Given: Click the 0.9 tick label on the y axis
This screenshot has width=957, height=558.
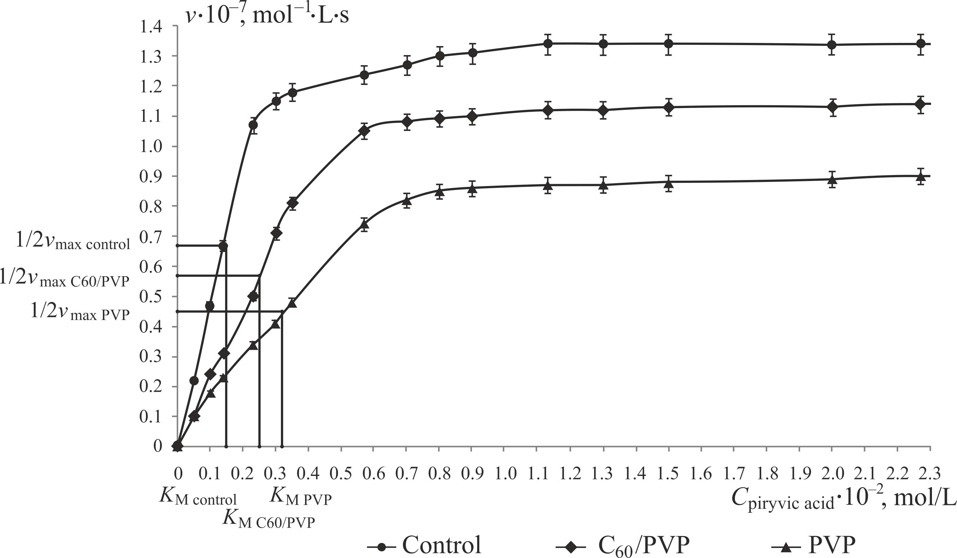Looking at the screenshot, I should pos(152,177).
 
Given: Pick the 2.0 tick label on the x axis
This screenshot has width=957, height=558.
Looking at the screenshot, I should pos(832,474).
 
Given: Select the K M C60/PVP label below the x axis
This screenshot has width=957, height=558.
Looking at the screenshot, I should pos(269,519).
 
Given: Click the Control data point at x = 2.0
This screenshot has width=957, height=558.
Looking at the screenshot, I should pos(832,44).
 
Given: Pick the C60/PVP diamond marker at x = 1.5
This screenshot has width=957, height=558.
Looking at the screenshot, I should pos(669,107).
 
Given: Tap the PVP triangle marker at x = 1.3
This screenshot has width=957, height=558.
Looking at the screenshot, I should pos(603,185).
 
